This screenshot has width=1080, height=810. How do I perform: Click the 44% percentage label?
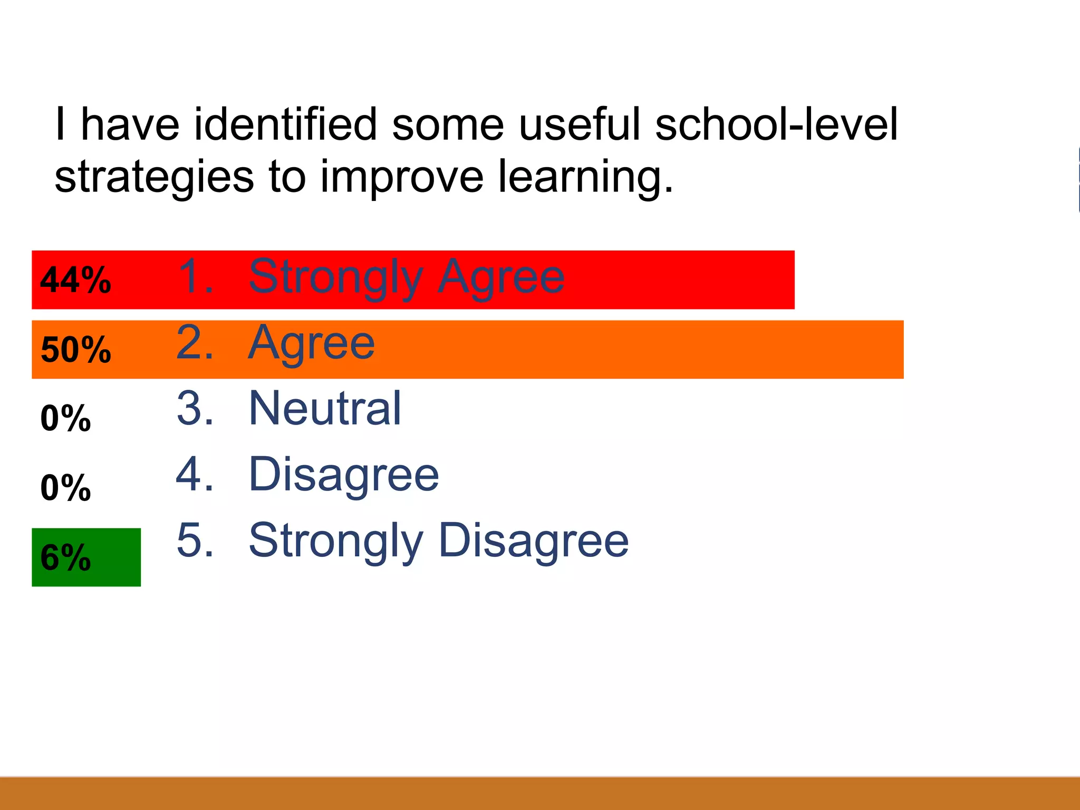76,279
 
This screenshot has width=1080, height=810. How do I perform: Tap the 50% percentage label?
76,349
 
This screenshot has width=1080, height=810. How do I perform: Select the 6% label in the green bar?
66,557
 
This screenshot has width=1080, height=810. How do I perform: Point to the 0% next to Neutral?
66,418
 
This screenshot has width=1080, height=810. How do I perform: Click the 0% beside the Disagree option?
66,488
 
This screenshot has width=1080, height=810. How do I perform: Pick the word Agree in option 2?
312,343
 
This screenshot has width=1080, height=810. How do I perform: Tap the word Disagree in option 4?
344,475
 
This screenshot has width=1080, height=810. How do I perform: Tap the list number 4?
195,474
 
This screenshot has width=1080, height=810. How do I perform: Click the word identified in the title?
286,124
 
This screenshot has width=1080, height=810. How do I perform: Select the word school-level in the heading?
776,124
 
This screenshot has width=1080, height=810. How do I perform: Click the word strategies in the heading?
155,178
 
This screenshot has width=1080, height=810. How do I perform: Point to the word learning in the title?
585,178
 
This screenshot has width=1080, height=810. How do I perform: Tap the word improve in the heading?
402,178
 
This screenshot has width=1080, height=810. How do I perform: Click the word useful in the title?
580,124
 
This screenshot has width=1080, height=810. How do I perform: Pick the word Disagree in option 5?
534,542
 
